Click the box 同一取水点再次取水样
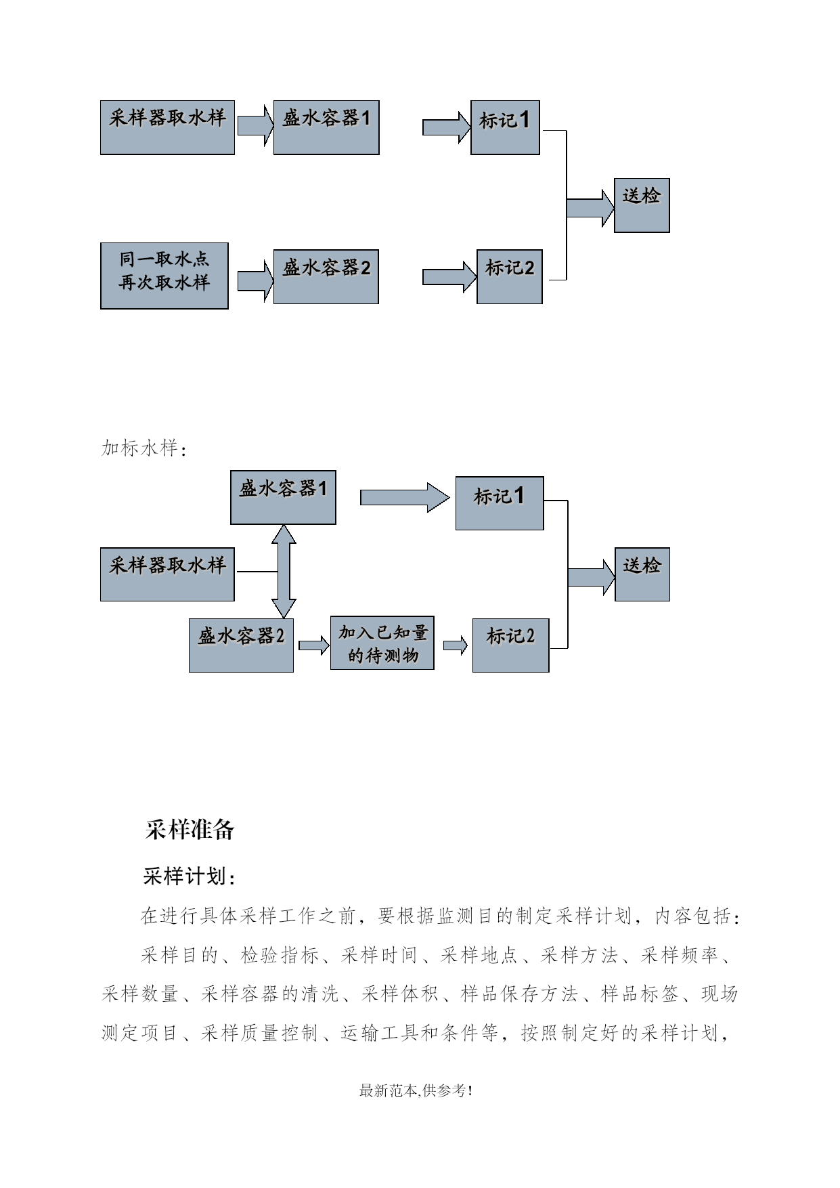click(164, 276)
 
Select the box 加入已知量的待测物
click(382, 643)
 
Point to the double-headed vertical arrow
click(284, 571)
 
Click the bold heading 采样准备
click(190, 829)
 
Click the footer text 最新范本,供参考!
click(416, 1090)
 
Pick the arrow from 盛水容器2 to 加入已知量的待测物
click(314, 645)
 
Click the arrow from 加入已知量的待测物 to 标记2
click(456, 645)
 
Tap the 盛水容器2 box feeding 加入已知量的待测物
click(241, 645)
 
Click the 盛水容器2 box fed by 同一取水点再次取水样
click(326, 276)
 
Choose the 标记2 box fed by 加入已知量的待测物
click(510, 645)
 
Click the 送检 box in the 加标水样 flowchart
click(642, 574)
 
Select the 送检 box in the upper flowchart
click(642, 205)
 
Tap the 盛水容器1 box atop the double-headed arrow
click(283, 497)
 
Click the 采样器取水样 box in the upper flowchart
click(167, 127)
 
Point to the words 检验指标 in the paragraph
click(280, 955)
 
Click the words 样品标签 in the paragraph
click(640, 994)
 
